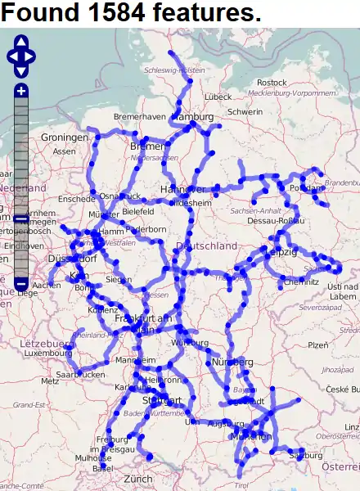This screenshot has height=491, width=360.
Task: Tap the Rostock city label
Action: pyautogui.click(x=272, y=83)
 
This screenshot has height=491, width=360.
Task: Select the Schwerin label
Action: pyautogui.click(x=245, y=111)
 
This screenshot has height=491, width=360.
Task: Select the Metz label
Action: pyautogui.click(x=49, y=381)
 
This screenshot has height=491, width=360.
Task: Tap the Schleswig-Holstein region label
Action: pyautogui.click(x=174, y=70)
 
